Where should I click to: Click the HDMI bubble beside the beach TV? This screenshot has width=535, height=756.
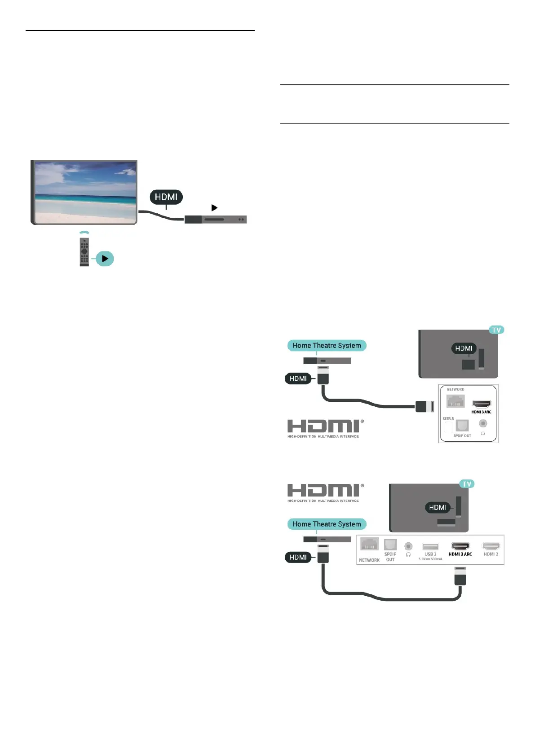166,197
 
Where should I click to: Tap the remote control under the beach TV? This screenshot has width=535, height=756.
84,251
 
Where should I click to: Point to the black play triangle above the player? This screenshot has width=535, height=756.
214,208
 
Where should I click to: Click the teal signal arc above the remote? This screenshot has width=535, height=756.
84,233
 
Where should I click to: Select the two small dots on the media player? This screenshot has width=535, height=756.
241,220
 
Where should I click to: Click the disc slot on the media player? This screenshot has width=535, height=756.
214,220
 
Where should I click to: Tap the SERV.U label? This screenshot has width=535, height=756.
448,418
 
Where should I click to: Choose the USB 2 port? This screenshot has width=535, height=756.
430,547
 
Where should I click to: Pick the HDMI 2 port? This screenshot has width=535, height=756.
491,546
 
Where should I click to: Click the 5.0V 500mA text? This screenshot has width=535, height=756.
430,559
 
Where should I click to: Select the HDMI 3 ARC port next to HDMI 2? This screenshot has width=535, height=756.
460,546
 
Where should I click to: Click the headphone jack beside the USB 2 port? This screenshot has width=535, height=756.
408,546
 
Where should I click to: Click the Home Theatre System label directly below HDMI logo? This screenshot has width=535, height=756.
327,524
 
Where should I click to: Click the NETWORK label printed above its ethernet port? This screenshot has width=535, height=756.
455,390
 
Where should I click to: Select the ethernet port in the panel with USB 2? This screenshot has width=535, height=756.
369,544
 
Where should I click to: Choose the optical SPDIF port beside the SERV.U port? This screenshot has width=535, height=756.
462,425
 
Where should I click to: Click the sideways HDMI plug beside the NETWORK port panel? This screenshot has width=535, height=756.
424,406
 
